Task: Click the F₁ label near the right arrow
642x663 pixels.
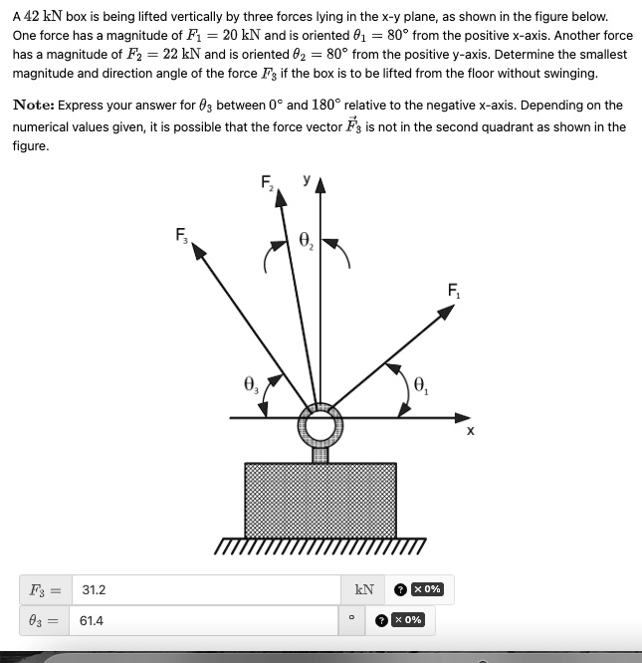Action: click(x=454, y=292)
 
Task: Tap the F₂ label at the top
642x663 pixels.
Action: click(x=268, y=182)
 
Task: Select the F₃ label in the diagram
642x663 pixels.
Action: click(x=181, y=236)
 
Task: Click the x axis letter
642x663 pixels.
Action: click(x=471, y=432)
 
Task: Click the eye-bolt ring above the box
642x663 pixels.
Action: click(x=321, y=427)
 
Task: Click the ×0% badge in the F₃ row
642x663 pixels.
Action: click(x=427, y=589)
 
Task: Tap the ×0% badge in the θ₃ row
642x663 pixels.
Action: click(x=407, y=620)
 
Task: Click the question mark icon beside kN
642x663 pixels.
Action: click(x=400, y=589)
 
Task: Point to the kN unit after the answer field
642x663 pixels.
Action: click(x=365, y=589)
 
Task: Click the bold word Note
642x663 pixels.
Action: click(x=33, y=106)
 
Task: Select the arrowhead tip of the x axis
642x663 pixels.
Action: click(x=468, y=418)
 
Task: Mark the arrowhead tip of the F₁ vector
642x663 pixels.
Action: click(x=455, y=307)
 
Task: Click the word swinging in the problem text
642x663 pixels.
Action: click(x=568, y=74)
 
